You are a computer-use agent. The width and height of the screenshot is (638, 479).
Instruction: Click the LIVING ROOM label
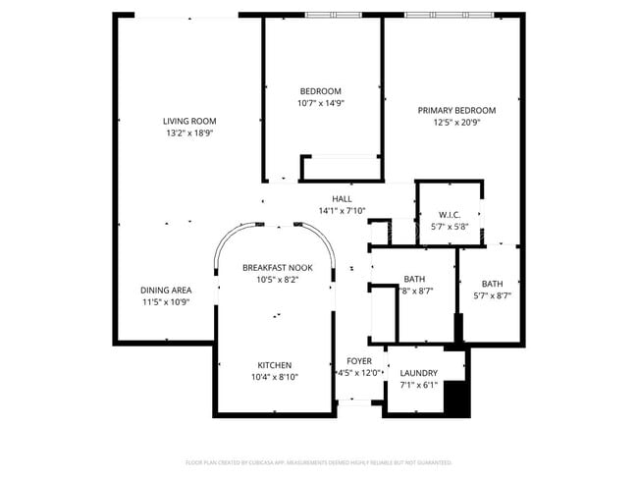point(189,122)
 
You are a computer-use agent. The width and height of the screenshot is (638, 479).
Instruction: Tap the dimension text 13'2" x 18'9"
point(189,133)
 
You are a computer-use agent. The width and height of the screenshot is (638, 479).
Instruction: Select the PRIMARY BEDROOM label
point(456,111)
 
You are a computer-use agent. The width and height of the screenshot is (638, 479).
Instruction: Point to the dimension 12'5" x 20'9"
point(456,123)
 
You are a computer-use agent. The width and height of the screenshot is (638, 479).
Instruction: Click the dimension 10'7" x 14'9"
point(321,103)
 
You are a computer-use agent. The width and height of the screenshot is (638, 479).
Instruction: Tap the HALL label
point(342,199)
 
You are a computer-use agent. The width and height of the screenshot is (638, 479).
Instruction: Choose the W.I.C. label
point(450,215)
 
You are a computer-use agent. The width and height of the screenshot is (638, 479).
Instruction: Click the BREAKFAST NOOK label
point(277,268)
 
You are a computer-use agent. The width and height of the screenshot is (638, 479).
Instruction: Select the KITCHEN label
point(275,365)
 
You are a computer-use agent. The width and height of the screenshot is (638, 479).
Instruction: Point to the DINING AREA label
point(165,291)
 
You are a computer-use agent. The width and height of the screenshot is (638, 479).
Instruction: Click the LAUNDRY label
point(419,373)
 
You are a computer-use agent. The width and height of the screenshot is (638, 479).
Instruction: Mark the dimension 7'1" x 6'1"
point(419,385)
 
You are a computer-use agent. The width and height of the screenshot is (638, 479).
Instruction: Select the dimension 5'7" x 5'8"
point(450,227)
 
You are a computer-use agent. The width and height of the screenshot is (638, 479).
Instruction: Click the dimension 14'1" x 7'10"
point(342,211)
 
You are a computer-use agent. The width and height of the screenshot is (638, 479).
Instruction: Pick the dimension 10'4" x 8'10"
point(275,377)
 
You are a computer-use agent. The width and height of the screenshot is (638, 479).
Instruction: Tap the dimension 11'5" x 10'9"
point(165,302)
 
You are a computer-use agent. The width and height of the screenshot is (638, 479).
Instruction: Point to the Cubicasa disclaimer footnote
point(318,461)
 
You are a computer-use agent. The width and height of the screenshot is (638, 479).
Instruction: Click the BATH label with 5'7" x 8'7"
point(492,284)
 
